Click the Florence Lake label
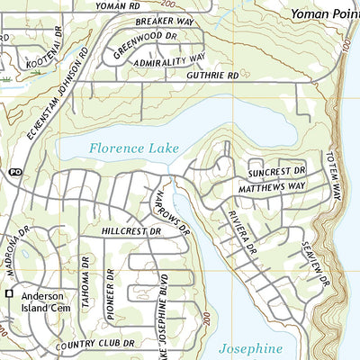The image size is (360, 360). [x=134, y=148]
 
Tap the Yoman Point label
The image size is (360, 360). [x=324, y=14]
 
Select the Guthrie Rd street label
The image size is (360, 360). [x=213, y=76]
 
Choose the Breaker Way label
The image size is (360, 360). [x=165, y=21]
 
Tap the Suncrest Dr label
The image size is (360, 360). [x=278, y=170]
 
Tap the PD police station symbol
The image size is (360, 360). [x=14, y=171]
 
